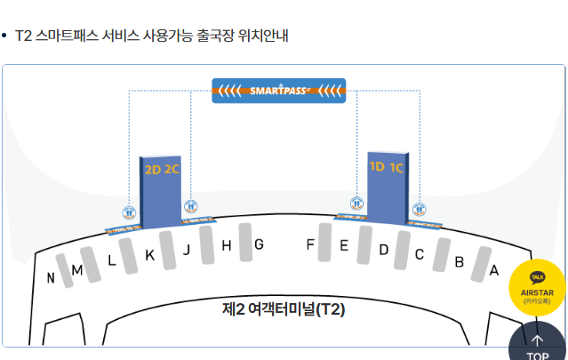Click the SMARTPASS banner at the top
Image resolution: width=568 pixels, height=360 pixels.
pyautogui.click(x=278, y=90)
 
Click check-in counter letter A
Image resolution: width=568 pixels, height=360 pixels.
pyautogui.click(x=494, y=270)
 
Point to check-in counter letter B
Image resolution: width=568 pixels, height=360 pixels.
pyautogui.click(x=459, y=262)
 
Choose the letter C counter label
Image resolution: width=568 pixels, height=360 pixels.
pyautogui.click(x=420, y=255)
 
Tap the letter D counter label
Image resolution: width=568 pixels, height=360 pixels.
pyautogui.click(x=383, y=250)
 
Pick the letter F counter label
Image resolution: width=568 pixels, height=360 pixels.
pyautogui.click(x=310, y=244)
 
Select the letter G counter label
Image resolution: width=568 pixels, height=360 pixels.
pyautogui.click(x=259, y=244)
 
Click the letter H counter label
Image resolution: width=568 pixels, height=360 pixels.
pyautogui.click(x=226, y=246)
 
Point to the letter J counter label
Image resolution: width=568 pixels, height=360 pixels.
pyautogui.click(x=187, y=250)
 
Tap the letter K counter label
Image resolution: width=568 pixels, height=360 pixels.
pyautogui.click(x=149, y=255)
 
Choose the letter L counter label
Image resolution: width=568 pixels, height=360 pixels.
pyautogui.click(x=111, y=260)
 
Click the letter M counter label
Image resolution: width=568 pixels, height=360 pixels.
pyautogui.click(x=77, y=270)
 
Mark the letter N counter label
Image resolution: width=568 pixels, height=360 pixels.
pyautogui.click(x=51, y=278)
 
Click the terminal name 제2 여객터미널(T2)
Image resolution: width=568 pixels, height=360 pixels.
pyautogui.click(x=283, y=309)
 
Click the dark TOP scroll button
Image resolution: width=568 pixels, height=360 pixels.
pyautogui.click(x=537, y=346)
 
